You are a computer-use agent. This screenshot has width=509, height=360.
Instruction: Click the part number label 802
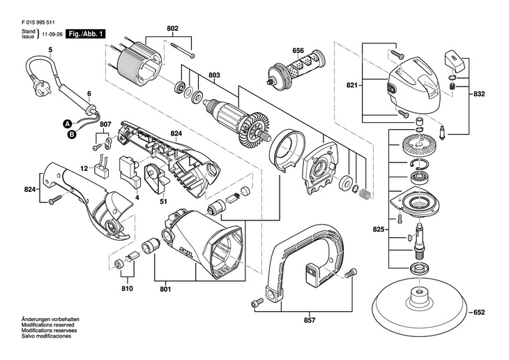click(173, 28)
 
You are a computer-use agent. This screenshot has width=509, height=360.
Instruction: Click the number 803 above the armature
click(214, 75)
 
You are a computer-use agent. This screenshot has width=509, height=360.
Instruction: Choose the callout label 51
click(162, 202)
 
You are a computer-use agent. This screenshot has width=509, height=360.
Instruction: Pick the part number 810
click(126, 288)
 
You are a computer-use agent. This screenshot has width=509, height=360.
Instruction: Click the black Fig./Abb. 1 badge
click(85, 33)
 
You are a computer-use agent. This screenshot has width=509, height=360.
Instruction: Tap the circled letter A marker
click(68, 123)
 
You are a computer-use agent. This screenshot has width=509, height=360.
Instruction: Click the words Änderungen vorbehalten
click(46, 318)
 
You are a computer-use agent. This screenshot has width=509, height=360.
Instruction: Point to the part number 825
click(378, 228)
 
